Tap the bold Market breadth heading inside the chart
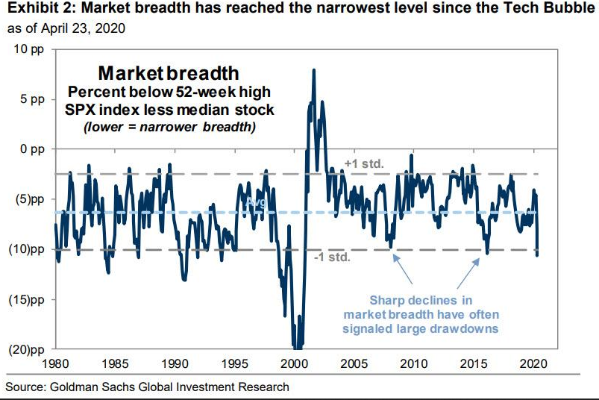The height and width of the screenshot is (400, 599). tap(169, 73)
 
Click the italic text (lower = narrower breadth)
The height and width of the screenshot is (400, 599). tap(169, 126)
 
